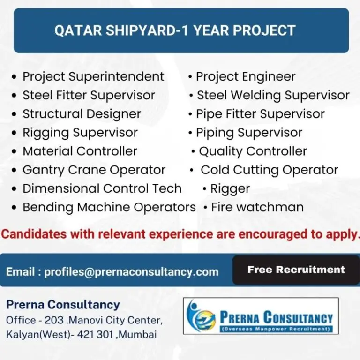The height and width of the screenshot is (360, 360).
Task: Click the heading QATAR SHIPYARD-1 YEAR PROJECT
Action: tap(175, 30)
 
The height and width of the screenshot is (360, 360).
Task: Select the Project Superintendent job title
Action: tap(93, 76)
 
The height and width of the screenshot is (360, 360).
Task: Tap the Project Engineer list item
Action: tap(245, 76)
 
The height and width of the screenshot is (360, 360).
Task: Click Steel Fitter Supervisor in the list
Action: tap(89, 95)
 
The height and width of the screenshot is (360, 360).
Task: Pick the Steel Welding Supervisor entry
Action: tap(273, 95)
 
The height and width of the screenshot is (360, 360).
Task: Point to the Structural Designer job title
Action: tap(82, 114)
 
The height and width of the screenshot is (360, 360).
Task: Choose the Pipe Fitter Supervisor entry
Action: tap(260, 114)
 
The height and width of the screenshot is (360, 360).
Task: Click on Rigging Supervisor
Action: tap(80, 133)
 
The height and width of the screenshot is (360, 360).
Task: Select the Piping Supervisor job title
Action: tap(249, 133)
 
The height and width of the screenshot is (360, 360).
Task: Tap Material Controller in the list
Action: tap(80, 151)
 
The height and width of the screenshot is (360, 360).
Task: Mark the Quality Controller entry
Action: tap(253, 151)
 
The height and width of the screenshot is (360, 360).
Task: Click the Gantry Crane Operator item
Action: tap(94, 170)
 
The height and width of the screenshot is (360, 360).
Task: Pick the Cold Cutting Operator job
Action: tap(269, 170)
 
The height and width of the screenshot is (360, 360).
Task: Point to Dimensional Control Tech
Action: tap(102, 188)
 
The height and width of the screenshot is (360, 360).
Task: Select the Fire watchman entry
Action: tap(257, 207)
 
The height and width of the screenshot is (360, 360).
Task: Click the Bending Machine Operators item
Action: tap(109, 207)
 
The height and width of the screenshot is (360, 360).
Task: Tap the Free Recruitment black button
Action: tap(296, 270)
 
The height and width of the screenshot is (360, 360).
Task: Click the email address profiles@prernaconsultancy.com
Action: tap(131, 272)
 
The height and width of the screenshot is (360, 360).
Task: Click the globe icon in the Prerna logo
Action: tap(200, 315)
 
